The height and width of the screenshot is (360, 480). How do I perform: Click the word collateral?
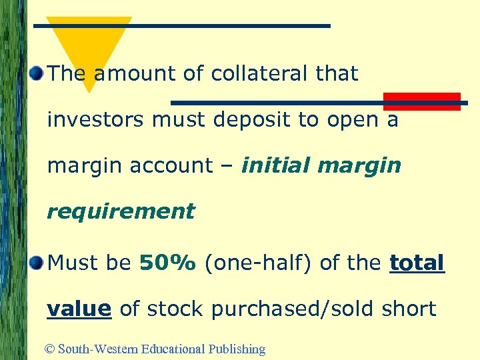254,73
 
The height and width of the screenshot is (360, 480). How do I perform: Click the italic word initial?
277,165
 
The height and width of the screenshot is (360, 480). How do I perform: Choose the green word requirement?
121,211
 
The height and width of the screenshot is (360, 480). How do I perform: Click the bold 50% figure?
167,263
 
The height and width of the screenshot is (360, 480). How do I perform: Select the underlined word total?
417,263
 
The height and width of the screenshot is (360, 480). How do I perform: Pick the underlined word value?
79,309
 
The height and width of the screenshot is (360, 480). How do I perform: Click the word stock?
177,309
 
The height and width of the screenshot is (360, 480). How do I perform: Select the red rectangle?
421,101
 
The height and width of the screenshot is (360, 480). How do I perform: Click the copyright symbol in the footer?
51,349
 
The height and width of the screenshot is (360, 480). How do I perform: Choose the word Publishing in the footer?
237,349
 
